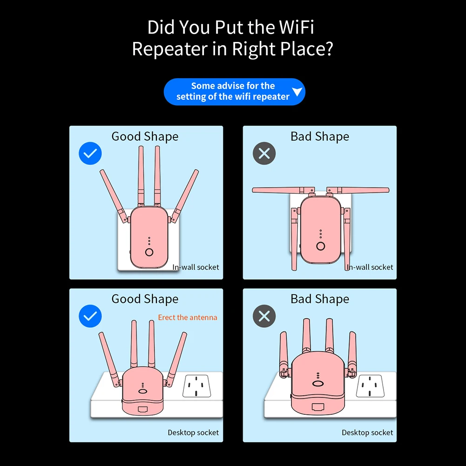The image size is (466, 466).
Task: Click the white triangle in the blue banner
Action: click(x=297, y=92)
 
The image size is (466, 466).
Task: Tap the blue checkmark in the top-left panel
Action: click(x=90, y=153)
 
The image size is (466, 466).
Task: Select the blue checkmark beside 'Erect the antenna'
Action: click(x=90, y=317)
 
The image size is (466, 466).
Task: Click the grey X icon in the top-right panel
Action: click(x=264, y=153)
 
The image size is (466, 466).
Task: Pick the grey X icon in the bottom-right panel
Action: click(x=264, y=317)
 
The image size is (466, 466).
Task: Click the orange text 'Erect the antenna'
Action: click(x=188, y=317)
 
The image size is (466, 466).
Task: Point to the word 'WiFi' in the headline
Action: click(x=297, y=27)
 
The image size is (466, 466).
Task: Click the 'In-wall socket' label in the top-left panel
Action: click(x=196, y=267)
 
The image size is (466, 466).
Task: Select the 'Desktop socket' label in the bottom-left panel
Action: click(x=193, y=432)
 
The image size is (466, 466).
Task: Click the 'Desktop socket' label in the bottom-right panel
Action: click(x=367, y=432)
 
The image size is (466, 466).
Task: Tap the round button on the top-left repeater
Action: click(x=149, y=252)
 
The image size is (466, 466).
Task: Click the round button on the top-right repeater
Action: click(x=320, y=246)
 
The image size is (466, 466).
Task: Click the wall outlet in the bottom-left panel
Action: click(x=196, y=386)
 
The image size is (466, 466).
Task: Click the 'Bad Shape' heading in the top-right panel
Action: click(x=320, y=136)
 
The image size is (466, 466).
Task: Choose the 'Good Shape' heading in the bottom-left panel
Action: click(x=145, y=299)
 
